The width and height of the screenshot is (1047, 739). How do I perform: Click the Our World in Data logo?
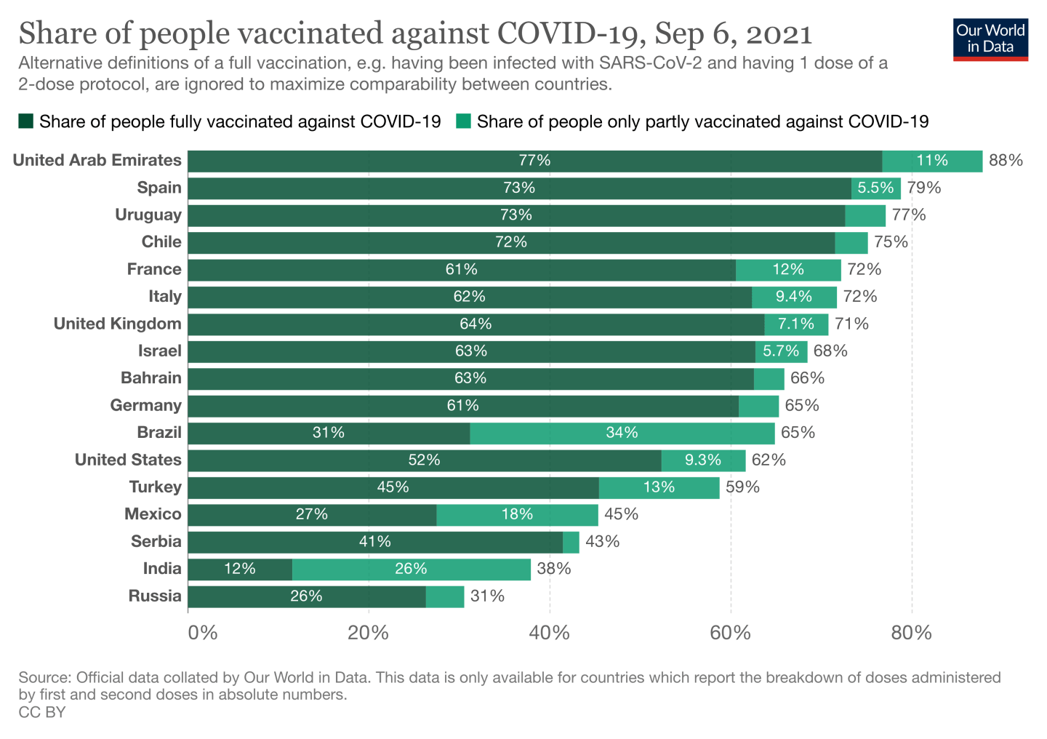coord(990,39)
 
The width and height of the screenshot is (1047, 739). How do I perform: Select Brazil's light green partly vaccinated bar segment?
coord(622,434)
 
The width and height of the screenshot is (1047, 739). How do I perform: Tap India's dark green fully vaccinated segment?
coord(240,570)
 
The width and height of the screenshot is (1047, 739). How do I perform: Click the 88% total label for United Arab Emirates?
coord(1006,161)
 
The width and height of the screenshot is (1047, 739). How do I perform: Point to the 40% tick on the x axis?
coord(549,633)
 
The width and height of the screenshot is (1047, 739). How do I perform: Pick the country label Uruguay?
coord(148,215)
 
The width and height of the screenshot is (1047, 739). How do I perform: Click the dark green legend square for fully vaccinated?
coord(26,121)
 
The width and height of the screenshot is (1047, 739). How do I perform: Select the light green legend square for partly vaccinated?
coord(463,121)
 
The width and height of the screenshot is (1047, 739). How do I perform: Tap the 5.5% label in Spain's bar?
coord(875,188)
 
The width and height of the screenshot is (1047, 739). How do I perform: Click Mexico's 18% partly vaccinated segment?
coord(517,515)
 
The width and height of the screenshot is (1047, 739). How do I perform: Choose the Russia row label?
coord(155,596)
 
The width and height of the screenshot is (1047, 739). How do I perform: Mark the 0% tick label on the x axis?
coord(202,633)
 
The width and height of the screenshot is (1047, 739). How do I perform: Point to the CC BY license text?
coord(42,713)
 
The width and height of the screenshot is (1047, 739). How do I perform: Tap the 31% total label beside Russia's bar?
coord(487,596)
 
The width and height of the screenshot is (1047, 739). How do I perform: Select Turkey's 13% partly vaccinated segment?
coord(659,487)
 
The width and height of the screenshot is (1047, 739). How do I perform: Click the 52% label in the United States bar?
coord(424,460)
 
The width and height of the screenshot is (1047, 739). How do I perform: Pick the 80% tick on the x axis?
coord(911,633)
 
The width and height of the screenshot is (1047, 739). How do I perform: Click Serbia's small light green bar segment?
coord(571,542)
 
